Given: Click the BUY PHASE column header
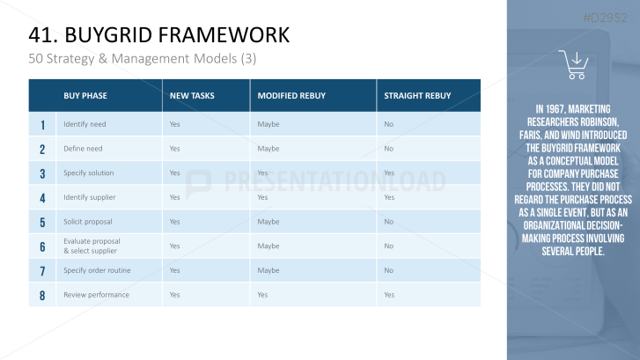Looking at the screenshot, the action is pyautogui.click(x=85, y=96).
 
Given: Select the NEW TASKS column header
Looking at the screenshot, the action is pyautogui.click(x=192, y=96).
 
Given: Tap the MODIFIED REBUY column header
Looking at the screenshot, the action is pyautogui.click(x=291, y=96).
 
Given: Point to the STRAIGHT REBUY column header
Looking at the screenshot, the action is pyautogui.click(x=417, y=96).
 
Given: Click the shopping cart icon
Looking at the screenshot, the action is pyautogui.click(x=573, y=64).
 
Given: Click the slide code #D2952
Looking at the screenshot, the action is pyautogui.click(x=605, y=18).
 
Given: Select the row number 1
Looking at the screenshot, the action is pyautogui.click(x=42, y=124).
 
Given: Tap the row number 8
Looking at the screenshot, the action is pyautogui.click(x=42, y=295).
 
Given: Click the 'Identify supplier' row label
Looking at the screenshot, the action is pyautogui.click(x=90, y=197).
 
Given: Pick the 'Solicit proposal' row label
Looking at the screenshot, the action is pyautogui.click(x=88, y=222).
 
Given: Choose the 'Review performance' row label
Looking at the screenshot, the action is pyautogui.click(x=96, y=295).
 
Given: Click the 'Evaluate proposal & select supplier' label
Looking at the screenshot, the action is pyautogui.click(x=92, y=246).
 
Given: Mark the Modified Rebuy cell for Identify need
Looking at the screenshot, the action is pyautogui.click(x=269, y=124).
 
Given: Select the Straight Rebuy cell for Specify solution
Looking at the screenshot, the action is pyautogui.click(x=389, y=173).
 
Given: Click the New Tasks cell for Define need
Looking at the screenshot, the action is pyautogui.click(x=174, y=149).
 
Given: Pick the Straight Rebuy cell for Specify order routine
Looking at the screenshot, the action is pyautogui.click(x=388, y=270).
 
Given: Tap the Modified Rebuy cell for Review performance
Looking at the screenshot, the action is pyautogui.click(x=262, y=295).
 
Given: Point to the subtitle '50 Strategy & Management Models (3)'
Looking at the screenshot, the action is pyautogui.click(x=143, y=59).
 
